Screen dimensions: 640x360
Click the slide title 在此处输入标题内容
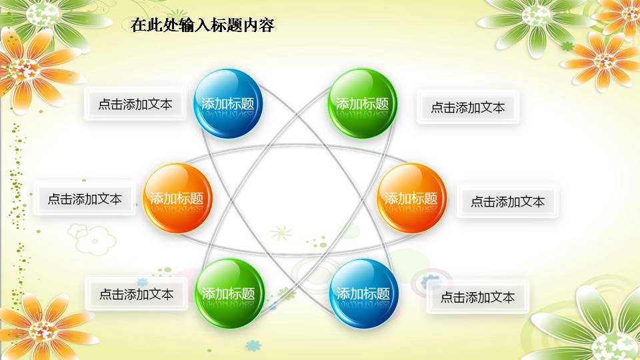203,25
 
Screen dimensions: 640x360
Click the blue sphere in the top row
228,103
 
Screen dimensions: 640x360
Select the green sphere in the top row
363,103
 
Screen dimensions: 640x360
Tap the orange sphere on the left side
177,198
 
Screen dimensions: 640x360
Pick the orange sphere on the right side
411,198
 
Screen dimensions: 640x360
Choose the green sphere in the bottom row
229,293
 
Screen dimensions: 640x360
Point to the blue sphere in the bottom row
363,293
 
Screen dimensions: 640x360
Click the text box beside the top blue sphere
135,104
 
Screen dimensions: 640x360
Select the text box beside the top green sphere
468,107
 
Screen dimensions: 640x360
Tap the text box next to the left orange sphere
85,199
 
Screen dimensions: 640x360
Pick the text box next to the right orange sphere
507,201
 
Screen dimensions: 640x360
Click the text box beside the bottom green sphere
136,294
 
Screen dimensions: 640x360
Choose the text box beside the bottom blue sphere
477,297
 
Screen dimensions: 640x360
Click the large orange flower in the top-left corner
25,69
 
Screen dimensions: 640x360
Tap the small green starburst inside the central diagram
281,233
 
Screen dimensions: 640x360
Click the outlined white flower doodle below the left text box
92,239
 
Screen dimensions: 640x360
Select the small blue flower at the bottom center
253,345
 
